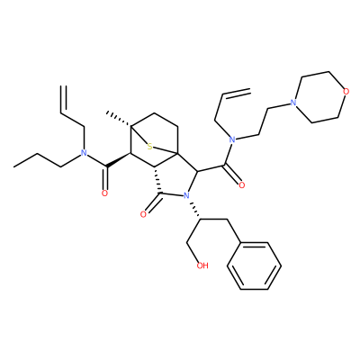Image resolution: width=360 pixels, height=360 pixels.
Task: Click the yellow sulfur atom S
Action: coord(150,147)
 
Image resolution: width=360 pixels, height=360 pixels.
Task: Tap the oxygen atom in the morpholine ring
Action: coord(346,92)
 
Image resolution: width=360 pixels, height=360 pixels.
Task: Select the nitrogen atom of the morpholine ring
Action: coord(293,103)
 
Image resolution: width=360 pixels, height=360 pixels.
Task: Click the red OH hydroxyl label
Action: coord(202,265)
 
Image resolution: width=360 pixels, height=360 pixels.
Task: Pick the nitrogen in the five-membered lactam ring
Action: coord(186,196)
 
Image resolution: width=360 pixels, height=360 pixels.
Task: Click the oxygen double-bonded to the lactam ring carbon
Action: coord(143,214)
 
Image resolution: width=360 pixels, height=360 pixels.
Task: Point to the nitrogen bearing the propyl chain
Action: coord(84,153)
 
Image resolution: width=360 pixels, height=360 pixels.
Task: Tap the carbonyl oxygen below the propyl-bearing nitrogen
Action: coord(104,193)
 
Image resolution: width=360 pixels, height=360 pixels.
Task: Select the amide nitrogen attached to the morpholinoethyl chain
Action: coord(231,139)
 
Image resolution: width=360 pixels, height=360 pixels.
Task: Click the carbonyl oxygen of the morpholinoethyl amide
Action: coord(242,185)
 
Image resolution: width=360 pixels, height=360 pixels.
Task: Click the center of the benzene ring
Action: coord(254,265)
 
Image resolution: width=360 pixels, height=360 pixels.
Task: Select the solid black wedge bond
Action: coord(118,159)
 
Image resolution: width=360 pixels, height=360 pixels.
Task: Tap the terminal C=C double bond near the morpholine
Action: coord(237,92)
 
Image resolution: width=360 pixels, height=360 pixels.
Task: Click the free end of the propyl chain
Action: coord(13,166)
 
